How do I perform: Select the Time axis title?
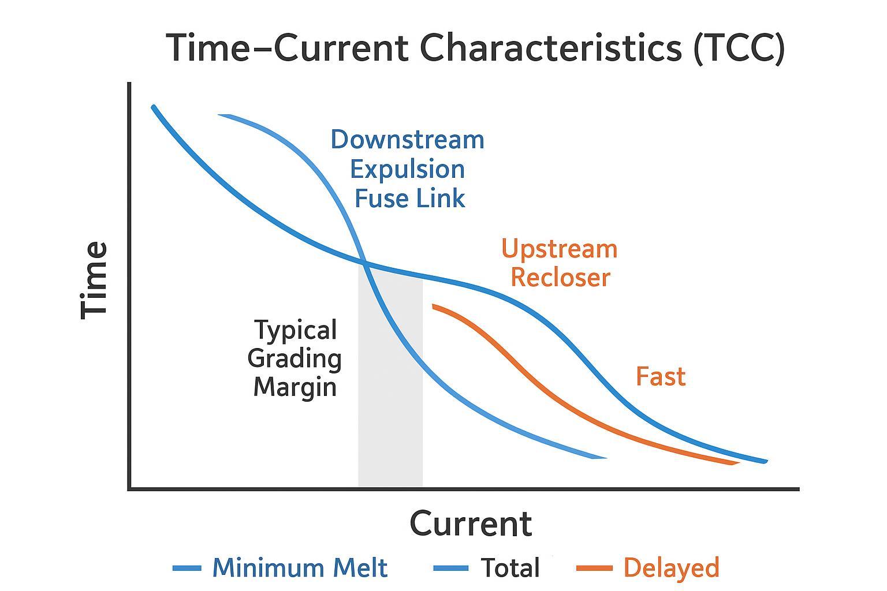click(x=94, y=280)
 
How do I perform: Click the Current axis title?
click(x=471, y=524)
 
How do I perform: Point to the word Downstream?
click(x=407, y=140)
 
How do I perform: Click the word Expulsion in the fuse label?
click(x=407, y=170)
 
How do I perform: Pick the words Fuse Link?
click(x=409, y=199)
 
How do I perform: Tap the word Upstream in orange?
click(x=559, y=249)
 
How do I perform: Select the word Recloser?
click(x=560, y=278)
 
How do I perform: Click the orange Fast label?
click(x=661, y=377)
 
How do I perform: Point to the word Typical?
click(x=296, y=331)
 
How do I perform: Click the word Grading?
click(x=295, y=359)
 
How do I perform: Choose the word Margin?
click(x=295, y=387)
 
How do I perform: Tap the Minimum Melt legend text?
click(x=300, y=568)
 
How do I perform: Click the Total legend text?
click(x=510, y=568)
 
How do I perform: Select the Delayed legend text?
click(x=671, y=568)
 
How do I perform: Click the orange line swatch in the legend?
click(x=594, y=568)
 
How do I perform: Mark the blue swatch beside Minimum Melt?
click(x=187, y=568)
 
